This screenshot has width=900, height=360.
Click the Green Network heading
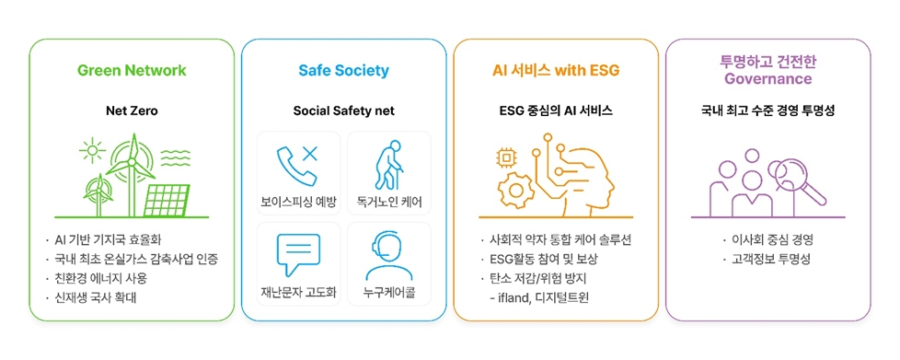[x=132, y=71]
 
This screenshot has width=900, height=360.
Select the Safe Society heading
[x=343, y=71]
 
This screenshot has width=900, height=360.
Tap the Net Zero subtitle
[x=132, y=111]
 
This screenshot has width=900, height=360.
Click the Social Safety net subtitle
[x=343, y=111]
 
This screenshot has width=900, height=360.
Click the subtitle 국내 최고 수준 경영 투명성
[x=767, y=111]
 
